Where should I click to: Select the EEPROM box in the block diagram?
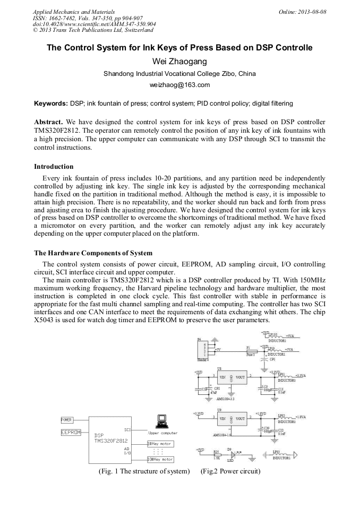click(x=70, y=433)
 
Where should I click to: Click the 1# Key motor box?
click(x=160, y=442)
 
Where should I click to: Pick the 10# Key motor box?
click(x=160, y=459)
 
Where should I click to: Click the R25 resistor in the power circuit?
click(x=217, y=455)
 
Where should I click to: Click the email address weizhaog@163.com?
click(x=180, y=85)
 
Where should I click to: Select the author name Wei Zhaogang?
click(x=179, y=62)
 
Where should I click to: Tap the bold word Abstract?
click(x=50, y=122)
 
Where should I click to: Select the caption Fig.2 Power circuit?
click(x=230, y=471)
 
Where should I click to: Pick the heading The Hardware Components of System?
click(x=93, y=253)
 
